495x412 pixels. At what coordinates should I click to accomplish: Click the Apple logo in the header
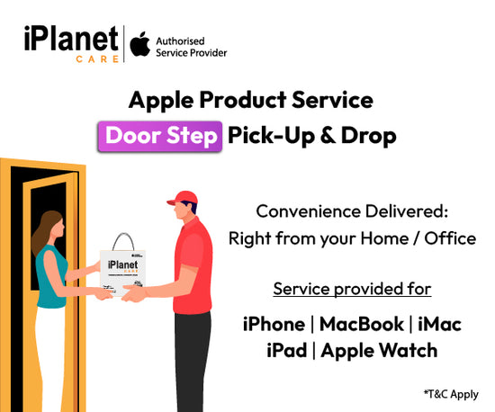pyautogui.click(x=139, y=46)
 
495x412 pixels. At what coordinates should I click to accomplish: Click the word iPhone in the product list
pyautogui.click(x=274, y=323)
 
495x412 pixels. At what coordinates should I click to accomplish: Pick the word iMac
pyautogui.click(x=438, y=323)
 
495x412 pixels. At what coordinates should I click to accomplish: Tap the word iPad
pyautogui.click(x=288, y=350)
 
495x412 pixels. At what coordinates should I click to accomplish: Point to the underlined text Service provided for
pyautogui.click(x=352, y=290)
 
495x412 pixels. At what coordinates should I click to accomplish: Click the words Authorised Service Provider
pyautogui.click(x=191, y=47)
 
